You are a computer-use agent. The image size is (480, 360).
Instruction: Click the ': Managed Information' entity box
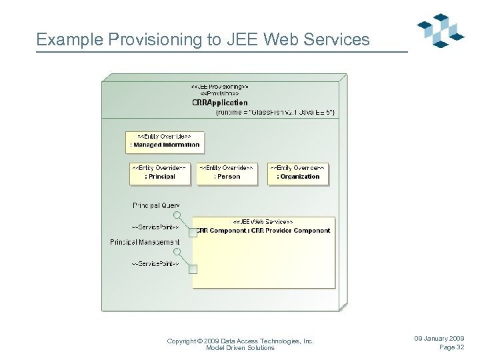(x=163, y=141)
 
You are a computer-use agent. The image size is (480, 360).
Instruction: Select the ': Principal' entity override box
(x=158, y=173)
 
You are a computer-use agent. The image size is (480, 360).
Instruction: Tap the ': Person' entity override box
(x=227, y=173)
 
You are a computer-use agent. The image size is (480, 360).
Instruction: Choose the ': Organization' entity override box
(x=297, y=173)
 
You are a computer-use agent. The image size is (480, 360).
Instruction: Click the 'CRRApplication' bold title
(x=219, y=103)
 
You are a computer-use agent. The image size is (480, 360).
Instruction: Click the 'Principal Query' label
(x=156, y=205)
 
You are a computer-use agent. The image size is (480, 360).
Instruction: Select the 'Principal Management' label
(x=145, y=241)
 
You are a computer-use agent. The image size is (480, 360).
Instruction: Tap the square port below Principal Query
(x=193, y=232)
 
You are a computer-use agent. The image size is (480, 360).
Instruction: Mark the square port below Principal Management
(x=193, y=269)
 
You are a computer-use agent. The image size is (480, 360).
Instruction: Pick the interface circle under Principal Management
(x=177, y=252)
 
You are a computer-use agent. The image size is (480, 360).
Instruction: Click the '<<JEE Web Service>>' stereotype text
(x=263, y=221)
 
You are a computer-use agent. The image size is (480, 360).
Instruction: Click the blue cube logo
(x=440, y=31)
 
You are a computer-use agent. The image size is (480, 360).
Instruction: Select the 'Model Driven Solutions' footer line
(x=240, y=348)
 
